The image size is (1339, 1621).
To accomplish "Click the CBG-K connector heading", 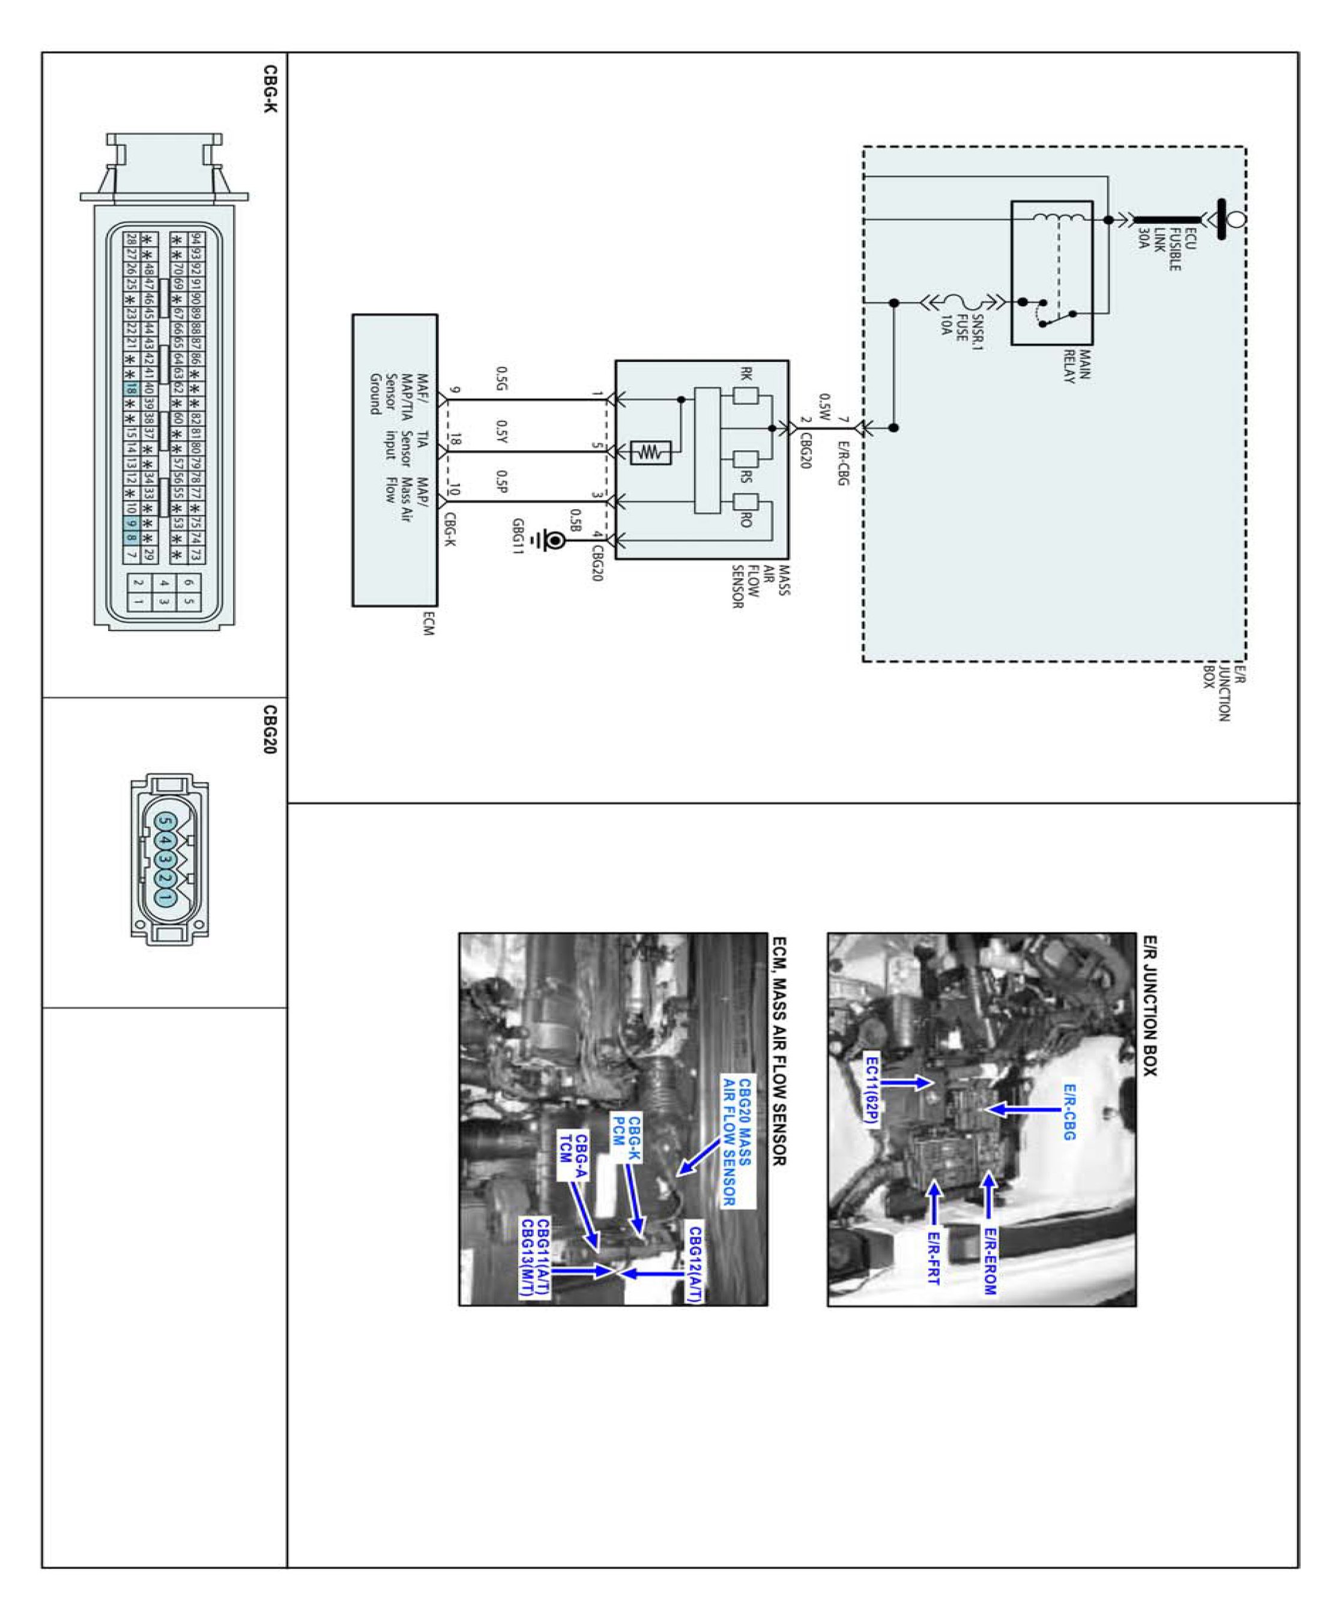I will click(x=270, y=89).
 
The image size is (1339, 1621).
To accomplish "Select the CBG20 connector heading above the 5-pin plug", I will click(x=270, y=729).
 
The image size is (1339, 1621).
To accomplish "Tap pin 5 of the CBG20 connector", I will click(x=166, y=822).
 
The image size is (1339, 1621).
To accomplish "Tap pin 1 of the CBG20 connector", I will click(x=166, y=897).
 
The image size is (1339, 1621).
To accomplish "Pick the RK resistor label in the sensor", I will click(x=746, y=374).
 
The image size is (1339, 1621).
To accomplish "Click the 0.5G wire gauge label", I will click(x=502, y=379).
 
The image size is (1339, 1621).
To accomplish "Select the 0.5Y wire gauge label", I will click(x=502, y=432).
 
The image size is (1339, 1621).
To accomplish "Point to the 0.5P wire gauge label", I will click(x=502, y=482).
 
